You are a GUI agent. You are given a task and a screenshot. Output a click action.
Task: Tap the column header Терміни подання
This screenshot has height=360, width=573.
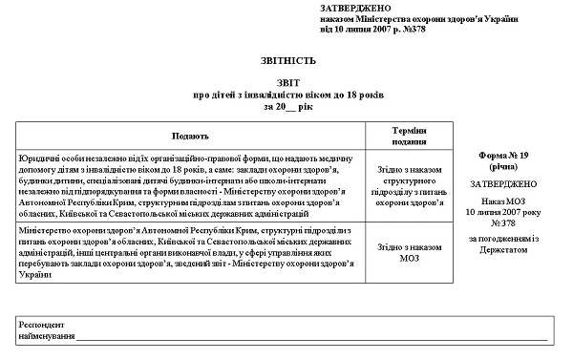click(x=409, y=135)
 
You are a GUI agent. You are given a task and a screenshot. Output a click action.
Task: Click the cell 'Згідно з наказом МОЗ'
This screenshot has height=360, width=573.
click(x=409, y=252)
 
